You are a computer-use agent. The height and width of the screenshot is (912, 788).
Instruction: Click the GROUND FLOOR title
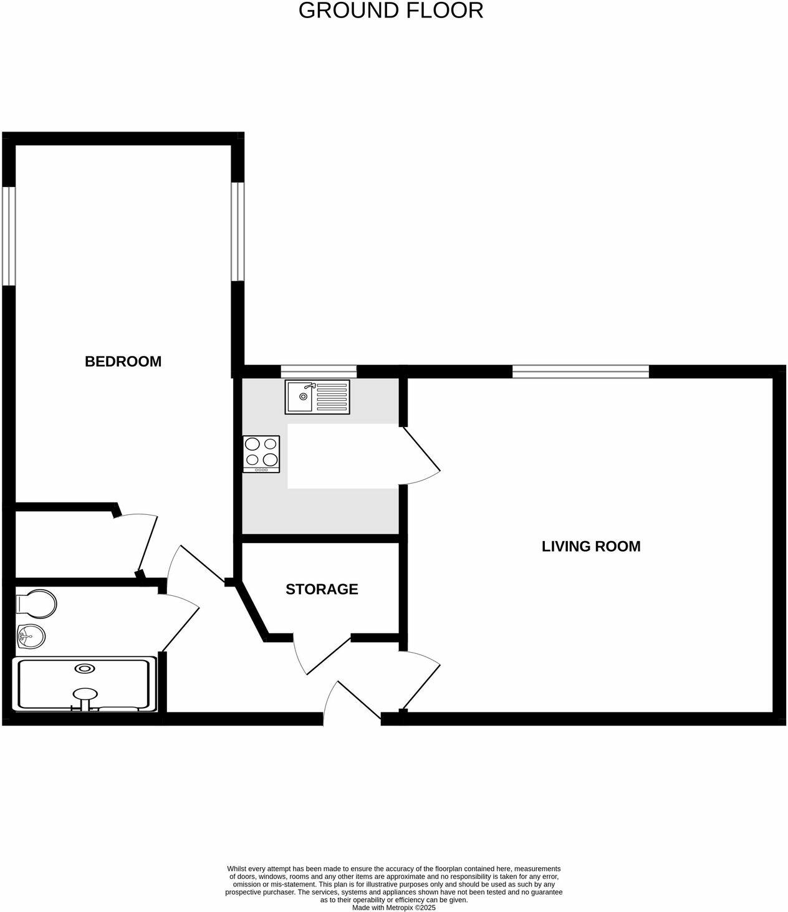(391, 11)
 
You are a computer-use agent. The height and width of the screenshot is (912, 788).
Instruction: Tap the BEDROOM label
(123, 362)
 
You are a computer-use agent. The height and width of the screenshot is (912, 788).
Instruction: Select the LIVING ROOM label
(590, 547)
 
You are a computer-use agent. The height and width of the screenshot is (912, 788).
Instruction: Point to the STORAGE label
(322, 590)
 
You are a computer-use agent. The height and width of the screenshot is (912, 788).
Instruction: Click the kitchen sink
(318, 396)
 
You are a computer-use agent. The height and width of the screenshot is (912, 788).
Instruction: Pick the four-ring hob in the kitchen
(262, 453)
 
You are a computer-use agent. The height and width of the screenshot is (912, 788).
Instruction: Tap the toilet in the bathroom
(37, 603)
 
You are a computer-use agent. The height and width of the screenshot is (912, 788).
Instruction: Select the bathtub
(84, 683)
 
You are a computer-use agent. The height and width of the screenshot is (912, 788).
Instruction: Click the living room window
(580, 372)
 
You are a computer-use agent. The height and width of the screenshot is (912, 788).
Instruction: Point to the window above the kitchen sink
(319, 372)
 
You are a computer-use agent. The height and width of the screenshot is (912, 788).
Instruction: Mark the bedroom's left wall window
(8, 236)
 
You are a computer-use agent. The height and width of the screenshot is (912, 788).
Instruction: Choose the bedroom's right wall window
(238, 231)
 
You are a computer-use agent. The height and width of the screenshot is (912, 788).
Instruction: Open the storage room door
(321, 655)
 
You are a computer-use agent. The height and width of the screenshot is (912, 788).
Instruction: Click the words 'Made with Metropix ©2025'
(393, 908)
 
